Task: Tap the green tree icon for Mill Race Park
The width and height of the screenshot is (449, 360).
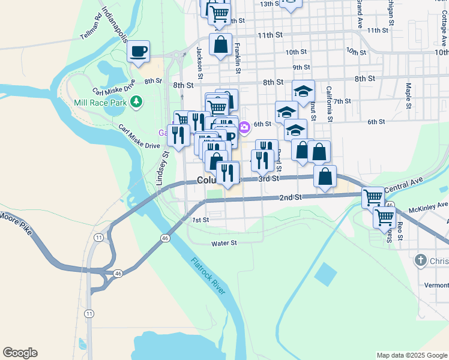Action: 137,101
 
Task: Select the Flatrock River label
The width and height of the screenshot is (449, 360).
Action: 208,276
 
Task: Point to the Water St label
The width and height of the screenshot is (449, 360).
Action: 224,244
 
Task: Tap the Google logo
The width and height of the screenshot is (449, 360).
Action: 20,353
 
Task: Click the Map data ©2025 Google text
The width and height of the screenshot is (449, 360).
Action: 411,355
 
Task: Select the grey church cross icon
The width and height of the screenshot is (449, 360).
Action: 421,261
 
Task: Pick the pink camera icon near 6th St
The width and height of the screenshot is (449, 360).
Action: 244,127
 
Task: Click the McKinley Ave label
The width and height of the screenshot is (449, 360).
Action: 429,207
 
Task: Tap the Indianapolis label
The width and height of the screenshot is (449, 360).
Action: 115,25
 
